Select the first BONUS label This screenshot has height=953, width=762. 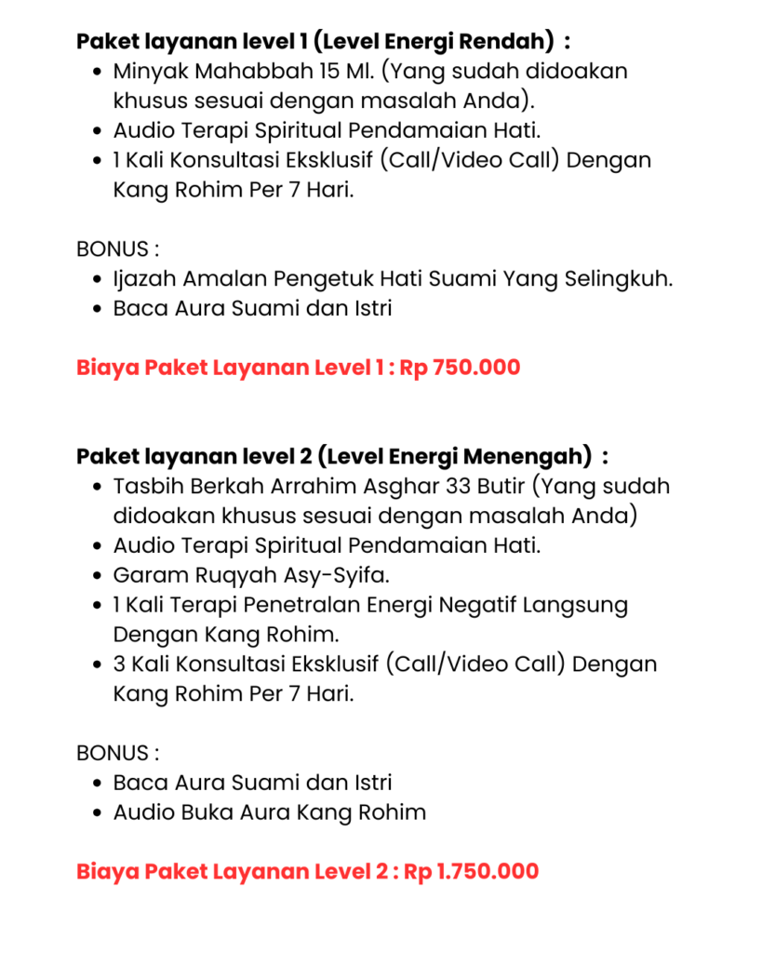coord(117,248)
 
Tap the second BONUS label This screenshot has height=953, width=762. coord(117,753)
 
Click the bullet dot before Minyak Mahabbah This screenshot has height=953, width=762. coord(99,72)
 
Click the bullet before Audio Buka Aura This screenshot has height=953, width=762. coord(99,813)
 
